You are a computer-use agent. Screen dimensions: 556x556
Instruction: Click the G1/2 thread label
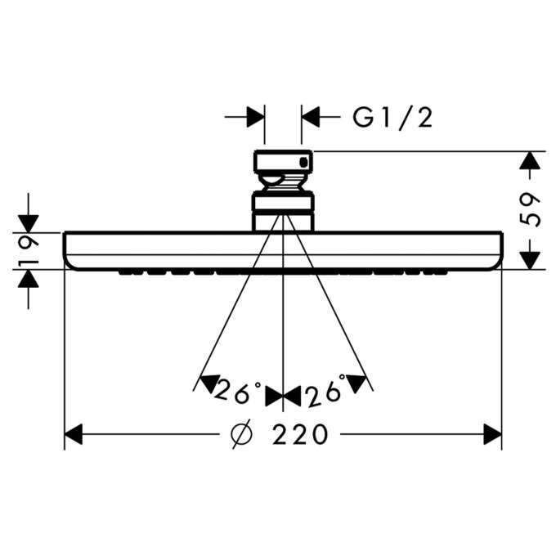tap(392, 118)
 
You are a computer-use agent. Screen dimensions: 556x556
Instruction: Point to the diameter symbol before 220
tap(242, 434)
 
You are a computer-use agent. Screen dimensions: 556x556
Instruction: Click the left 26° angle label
tap(236, 394)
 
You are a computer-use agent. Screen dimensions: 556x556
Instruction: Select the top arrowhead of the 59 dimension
tap(531, 161)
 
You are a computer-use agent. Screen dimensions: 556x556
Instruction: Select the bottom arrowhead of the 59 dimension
tap(531, 258)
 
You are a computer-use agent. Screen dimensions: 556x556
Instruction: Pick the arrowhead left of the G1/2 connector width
tap(257, 117)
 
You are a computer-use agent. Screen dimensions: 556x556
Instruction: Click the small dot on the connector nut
tap(305, 163)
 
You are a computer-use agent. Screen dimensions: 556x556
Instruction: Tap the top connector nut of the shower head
tap(283, 163)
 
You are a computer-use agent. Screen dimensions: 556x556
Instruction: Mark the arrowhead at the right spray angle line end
tap(356, 382)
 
